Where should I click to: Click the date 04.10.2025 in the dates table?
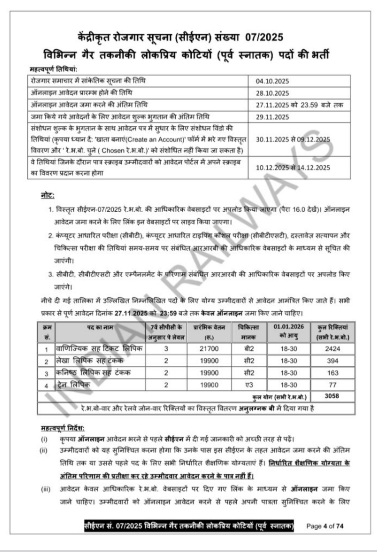tap(272, 81)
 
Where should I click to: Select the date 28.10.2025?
tap(272, 93)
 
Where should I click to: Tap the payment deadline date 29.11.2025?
tap(272, 117)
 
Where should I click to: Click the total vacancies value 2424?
tap(332, 349)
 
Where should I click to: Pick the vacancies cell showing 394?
tap(332, 361)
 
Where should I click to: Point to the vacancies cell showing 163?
tap(332, 373)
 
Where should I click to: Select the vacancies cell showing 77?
tap(332, 385)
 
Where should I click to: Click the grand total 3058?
tap(332, 396)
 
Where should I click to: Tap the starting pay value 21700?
tap(209, 349)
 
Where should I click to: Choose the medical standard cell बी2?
tap(249, 349)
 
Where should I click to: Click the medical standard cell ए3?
tap(249, 385)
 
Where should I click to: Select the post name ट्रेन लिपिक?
tap(73, 385)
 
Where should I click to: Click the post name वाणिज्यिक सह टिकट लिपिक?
tap(100, 348)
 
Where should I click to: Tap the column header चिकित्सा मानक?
tap(249, 332)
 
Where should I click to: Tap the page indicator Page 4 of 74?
tap(324, 526)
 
